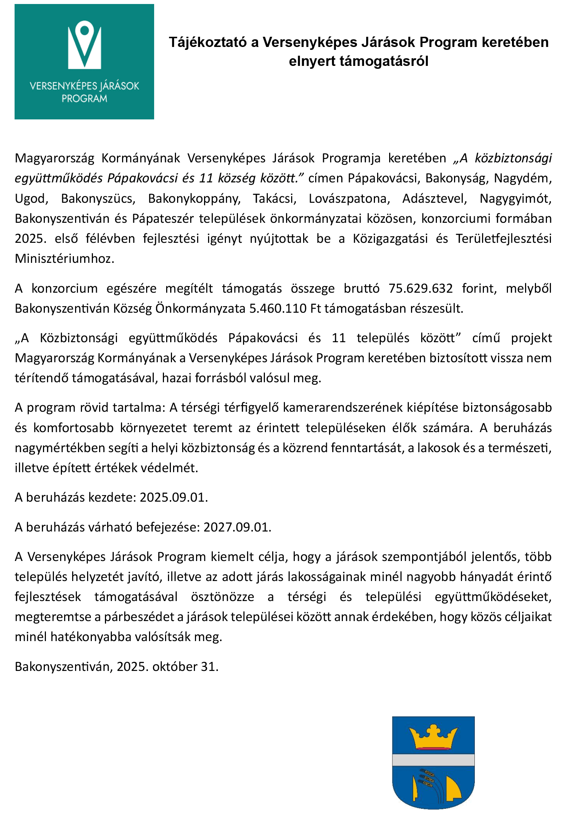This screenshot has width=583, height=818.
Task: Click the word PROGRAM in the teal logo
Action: click(x=84, y=99)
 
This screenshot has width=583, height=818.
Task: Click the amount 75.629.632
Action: click(x=420, y=288)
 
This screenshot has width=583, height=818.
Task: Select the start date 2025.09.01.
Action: click(x=173, y=497)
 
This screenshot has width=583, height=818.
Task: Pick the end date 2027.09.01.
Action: click(x=237, y=527)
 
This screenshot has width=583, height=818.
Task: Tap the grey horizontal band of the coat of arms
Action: click(x=433, y=760)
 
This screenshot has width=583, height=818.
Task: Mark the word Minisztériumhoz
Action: click(x=64, y=259)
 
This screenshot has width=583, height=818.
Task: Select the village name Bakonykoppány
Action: click(x=194, y=199)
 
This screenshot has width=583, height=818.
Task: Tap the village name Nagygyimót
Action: click(x=515, y=199)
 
